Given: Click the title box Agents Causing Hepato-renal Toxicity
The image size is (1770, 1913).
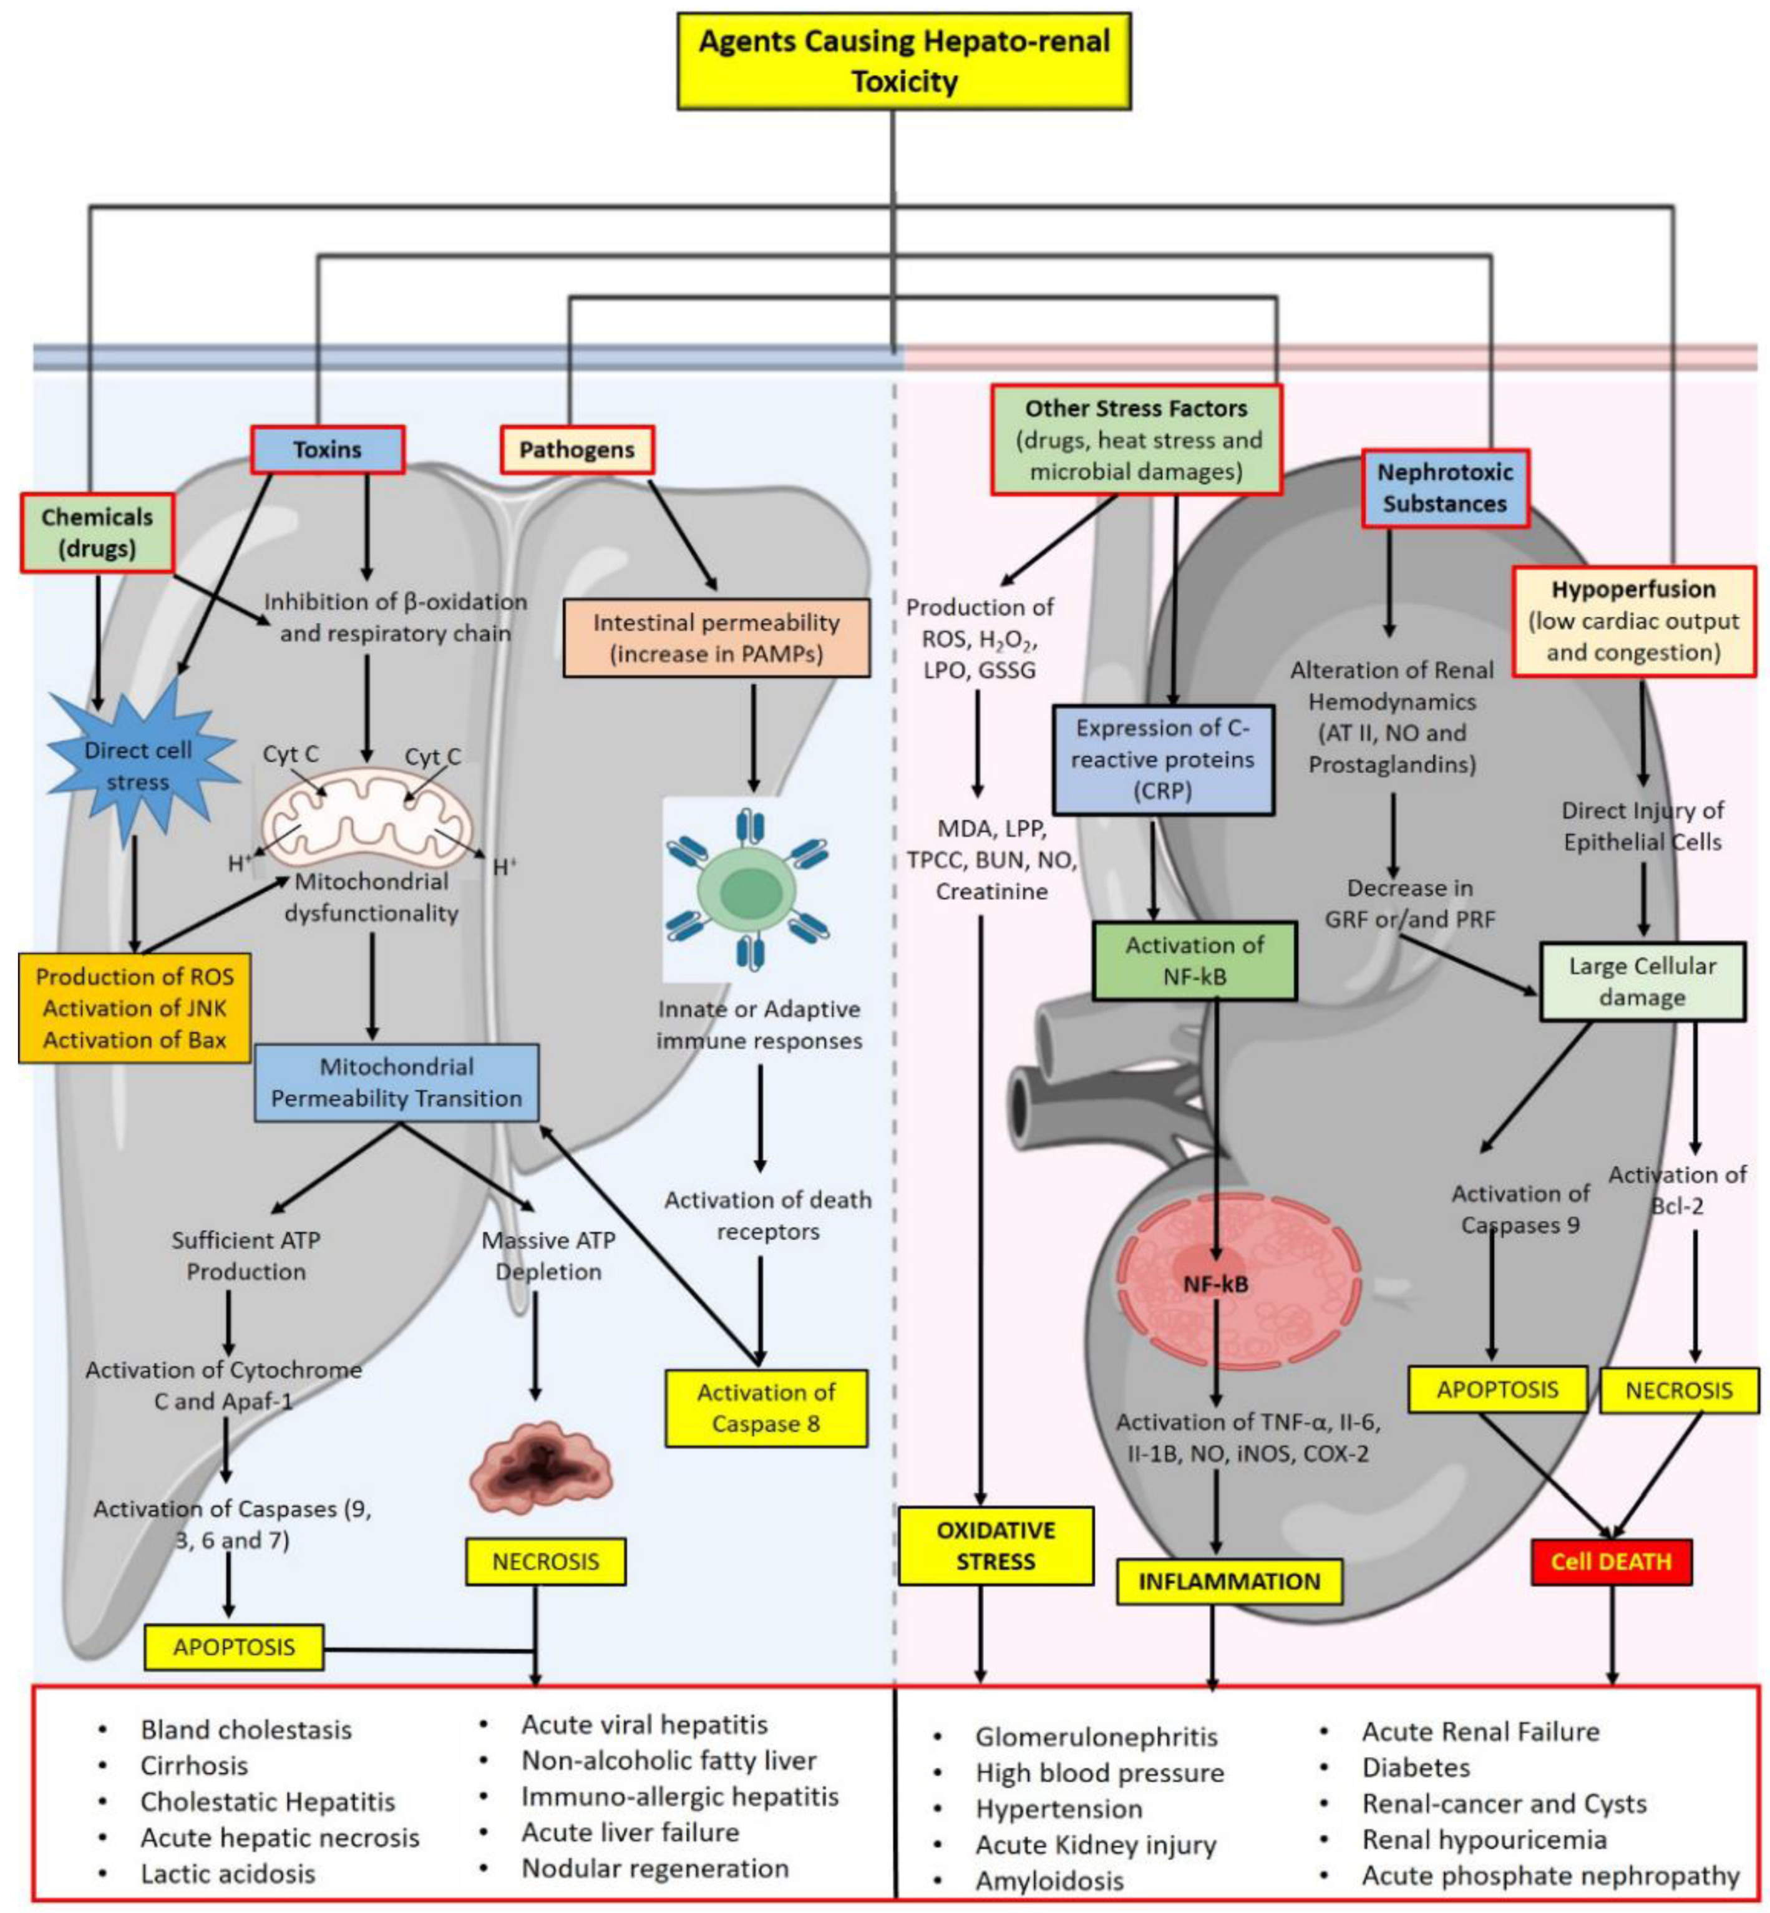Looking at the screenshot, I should click(903, 61).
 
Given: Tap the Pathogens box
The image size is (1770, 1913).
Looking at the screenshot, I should click(576, 449).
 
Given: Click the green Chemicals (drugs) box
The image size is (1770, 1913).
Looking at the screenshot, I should click(97, 533).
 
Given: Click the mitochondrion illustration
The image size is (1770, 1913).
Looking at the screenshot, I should click(369, 822).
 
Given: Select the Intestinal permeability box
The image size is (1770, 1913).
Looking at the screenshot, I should click(716, 638).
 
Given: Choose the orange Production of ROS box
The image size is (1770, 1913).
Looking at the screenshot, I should click(134, 1008).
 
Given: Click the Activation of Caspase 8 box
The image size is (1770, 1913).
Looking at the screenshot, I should click(766, 1407).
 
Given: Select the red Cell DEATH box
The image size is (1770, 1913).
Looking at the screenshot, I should click(1610, 1562).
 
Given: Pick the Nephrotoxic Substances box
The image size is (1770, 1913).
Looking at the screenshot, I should click(1444, 487).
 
